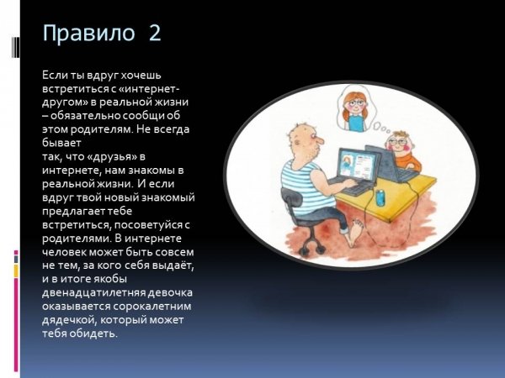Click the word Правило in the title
[88, 33]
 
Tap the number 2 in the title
[155, 33]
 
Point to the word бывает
[61, 143]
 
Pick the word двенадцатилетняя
[93, 293]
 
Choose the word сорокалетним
[152, 307]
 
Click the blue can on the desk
[380, 197]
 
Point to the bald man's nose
[319, 141]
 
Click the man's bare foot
[355, 232]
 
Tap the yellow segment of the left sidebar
[16, 270]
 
